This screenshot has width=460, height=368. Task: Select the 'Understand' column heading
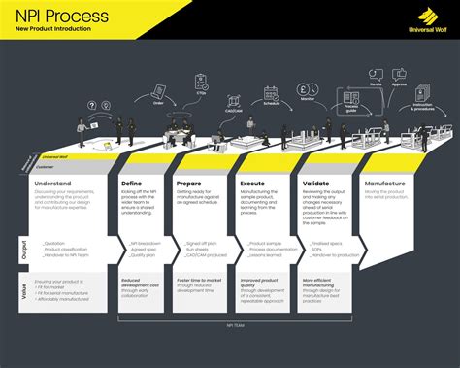point(52,184)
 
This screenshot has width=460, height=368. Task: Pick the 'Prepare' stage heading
point(189,184)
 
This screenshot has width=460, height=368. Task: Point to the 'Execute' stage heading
point(251,184)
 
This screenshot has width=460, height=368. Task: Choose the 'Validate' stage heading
point(315,184)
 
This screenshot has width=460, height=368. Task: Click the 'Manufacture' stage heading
point(384,184)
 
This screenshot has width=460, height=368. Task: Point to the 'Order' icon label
point(159,101)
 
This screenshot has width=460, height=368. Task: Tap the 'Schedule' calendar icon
point(272,93)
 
